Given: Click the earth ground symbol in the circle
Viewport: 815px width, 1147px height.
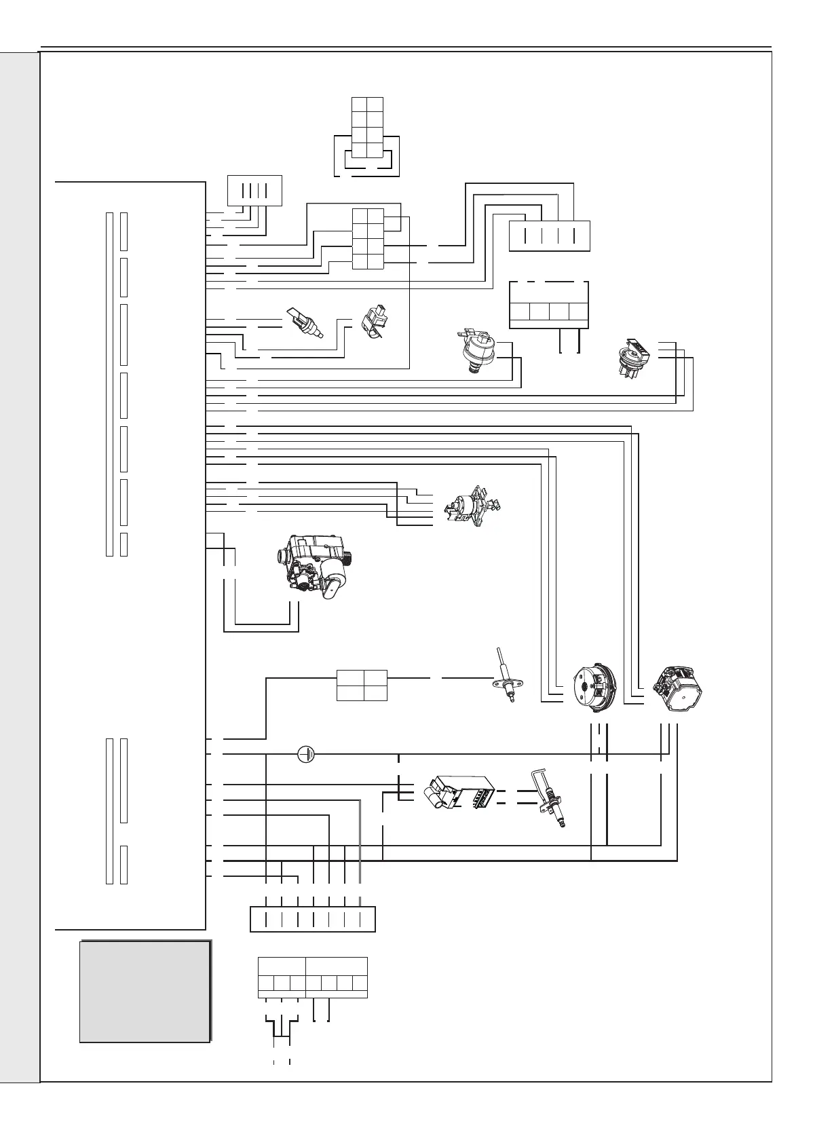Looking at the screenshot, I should (307, 753).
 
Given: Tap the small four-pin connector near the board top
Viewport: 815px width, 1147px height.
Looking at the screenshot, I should (254, 191).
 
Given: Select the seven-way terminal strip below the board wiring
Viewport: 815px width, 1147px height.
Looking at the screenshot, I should (313, 919).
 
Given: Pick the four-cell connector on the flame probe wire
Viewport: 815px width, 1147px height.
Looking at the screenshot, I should (362, 685).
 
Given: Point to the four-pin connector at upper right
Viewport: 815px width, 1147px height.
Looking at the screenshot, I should (549, 236).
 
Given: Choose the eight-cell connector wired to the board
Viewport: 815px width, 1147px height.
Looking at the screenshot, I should (367, 239).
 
